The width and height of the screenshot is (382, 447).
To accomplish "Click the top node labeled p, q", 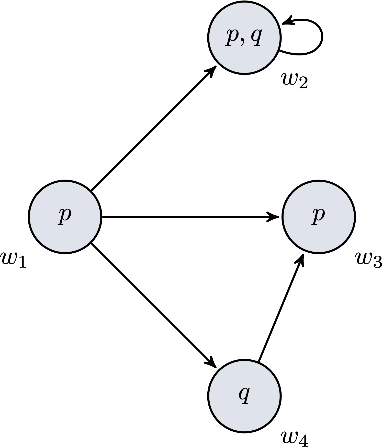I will coord(244,38).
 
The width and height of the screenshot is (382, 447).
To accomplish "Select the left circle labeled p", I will coord(65,217).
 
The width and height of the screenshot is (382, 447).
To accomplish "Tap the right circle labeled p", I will coord(319,217).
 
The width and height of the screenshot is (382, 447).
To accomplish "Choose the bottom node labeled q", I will coord(244,396).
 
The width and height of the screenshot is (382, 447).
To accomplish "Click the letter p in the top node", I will coord(232,37).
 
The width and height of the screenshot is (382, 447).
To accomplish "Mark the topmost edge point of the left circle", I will coord(65,182).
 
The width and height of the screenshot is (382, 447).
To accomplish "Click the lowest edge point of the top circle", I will coord(244,73).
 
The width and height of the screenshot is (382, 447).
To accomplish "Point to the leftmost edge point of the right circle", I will coord(284,217).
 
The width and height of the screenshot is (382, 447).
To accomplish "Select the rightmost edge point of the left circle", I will coord(100,217).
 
